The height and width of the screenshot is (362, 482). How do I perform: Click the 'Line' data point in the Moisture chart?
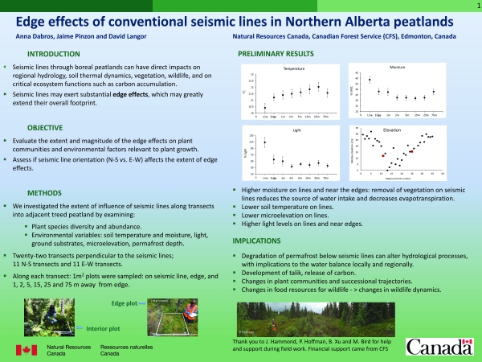coord(370,80)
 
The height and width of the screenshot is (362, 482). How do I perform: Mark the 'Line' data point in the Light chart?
coord(264,142)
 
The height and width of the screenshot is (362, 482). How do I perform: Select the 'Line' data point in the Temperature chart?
coord(264,106)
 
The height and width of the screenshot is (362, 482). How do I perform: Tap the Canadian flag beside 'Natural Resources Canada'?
coord(27,349)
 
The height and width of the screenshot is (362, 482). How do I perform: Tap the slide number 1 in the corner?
coord(476,5)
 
